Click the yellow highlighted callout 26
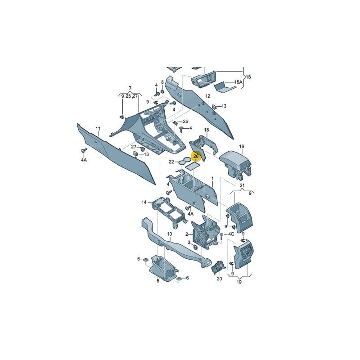point(196,156)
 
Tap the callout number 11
point(98,129)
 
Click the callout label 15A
point(238,82)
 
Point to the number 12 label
point(207,96)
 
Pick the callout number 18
point(207,130)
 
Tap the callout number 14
point(144,202)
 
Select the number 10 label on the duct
point(170,234)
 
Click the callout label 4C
point(230,234)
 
